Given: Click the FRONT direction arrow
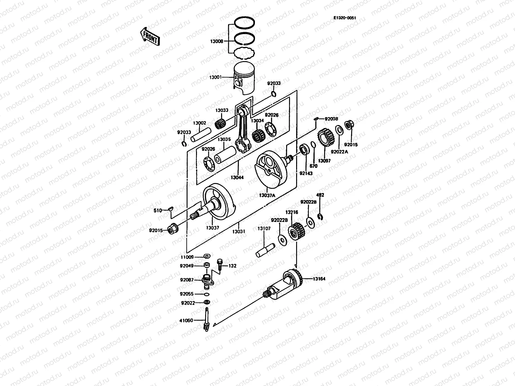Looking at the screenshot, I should point(150,36).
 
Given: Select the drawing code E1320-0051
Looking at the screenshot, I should point(344,18).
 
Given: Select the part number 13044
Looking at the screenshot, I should point(237,177).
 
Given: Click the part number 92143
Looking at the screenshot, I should point(306,173).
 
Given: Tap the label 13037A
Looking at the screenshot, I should point(267,195).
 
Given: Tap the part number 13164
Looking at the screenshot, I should point(319,279).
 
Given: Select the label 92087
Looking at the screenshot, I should point(187,280).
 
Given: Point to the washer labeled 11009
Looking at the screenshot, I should point(207,256).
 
